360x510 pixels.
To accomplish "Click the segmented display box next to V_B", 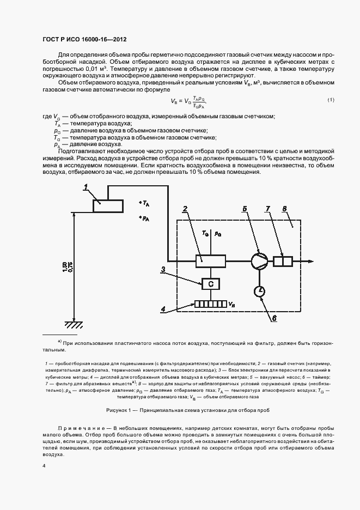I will click(210, 305).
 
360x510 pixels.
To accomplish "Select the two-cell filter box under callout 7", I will click(283, 262).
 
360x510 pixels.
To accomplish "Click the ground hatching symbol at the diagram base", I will click(72, 325).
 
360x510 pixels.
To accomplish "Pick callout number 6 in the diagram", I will click(274, 319).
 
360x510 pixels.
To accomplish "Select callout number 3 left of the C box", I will click(163, 269).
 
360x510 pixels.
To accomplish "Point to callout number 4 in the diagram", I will click(163, 309).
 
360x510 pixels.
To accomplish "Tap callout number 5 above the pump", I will click(245, 209).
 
